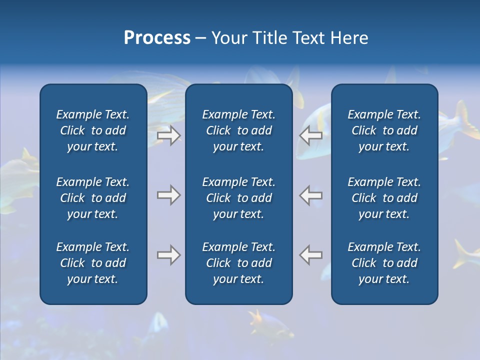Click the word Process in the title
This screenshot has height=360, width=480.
(157, 38)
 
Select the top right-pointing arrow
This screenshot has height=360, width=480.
(168, 135)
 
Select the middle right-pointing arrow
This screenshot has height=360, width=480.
(168, 195)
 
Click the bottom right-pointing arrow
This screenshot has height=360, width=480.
(168, 255)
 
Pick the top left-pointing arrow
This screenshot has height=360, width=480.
(311, 135)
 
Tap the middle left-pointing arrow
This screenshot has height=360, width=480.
(311, 195)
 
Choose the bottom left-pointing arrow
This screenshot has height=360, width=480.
(311, 255)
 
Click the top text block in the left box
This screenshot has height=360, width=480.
(93, 130)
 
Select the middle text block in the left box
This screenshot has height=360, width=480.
(93, 198)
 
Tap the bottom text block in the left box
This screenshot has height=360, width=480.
(93, 263)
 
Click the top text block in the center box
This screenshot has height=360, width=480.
(238, 130)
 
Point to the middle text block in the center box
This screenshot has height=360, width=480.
(238, 198)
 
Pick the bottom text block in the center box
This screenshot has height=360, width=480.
(238, 263)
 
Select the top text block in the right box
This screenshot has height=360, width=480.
(384, 130)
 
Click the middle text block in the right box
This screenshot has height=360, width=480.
(384, 198)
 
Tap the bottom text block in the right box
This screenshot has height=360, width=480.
(384, 263)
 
